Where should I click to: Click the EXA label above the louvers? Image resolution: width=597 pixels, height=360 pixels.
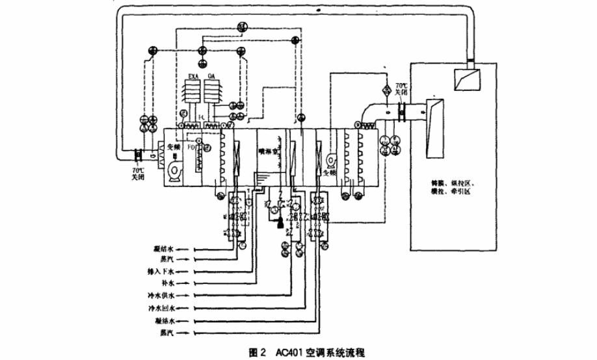(x=192, y=76)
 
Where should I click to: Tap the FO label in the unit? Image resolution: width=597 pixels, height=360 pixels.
(x=192, y=146)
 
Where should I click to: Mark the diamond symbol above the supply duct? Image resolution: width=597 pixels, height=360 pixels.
(x=386, y=92)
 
